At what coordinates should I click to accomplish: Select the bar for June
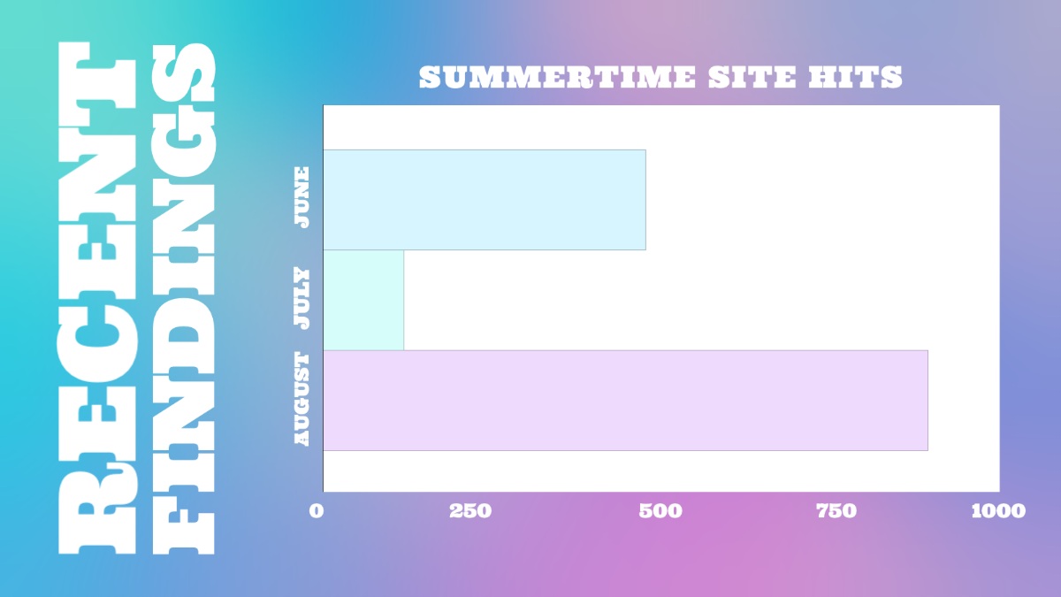(485, 200)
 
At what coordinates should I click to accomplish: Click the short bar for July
(363, 300)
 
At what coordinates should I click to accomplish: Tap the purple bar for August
(625, 401)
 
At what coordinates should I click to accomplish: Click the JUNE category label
(302, 197)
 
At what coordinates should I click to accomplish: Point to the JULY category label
(302, 299)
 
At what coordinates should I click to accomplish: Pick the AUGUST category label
(302, 399)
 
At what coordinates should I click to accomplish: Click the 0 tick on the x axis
(317, 511)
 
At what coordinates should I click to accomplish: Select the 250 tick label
(470, 511)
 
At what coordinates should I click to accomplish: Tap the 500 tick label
(660, 511)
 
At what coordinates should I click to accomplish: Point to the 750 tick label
(836, 511)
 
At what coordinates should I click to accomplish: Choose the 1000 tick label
(998, 511)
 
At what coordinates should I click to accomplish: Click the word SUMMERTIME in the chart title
(558, 77)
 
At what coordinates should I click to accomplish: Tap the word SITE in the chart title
(752, 77)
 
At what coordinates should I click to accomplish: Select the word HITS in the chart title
(856, 77)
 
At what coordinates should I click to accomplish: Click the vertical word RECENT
(96, 299)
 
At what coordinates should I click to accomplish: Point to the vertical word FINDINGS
(184, 299)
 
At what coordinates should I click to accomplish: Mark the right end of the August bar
(927, 401)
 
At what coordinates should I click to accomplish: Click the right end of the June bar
(645, 200)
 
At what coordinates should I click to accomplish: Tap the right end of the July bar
(404, 300)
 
